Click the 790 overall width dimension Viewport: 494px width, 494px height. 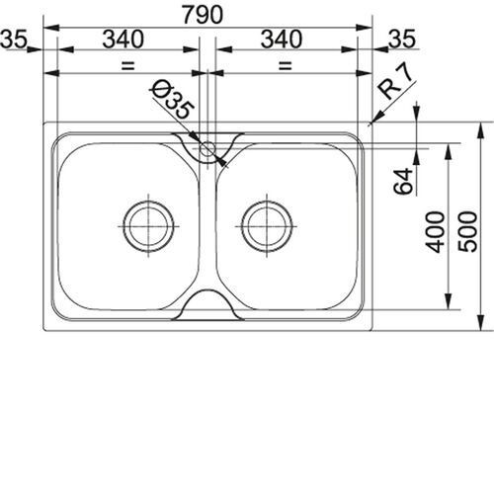(203, 15)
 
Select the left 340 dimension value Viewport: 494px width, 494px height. (123, 40)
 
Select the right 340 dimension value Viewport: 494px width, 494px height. (282, 40)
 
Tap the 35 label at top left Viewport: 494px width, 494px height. (13, 40)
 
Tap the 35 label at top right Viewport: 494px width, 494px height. (402, 40)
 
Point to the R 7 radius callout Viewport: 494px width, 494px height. (395, 83)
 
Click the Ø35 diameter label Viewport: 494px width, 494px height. (172, 100)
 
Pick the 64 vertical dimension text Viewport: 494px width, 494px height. (403, 181)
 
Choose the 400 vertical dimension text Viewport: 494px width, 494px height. (435, 232)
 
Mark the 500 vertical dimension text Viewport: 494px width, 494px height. (467, 232)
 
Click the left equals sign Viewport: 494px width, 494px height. (128, 65)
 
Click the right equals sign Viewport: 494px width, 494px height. (286, 65)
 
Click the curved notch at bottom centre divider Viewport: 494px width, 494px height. (207, 290)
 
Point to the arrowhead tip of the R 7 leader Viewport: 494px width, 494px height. (370, 123)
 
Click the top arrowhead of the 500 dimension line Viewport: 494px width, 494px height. (481, 123)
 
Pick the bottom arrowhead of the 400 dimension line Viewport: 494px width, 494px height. (448, 309)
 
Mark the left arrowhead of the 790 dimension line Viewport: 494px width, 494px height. (44, 28)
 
